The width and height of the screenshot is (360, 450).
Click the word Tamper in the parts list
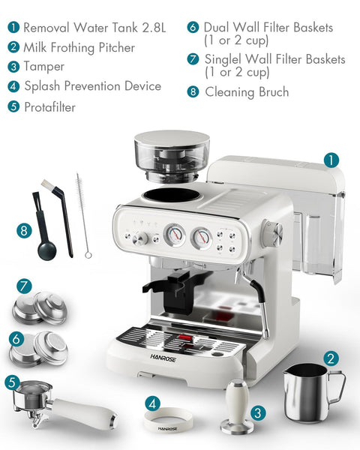pyautogui.click(x=44, y=67)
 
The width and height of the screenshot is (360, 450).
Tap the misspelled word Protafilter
pyautogui.click(x=50, y=107)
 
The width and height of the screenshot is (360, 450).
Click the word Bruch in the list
pyautogui.click(x=274, y=91)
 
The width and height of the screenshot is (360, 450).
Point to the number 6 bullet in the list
pyautogui.click(x=193, y=27)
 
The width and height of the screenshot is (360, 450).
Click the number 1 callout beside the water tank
pyautogui.click(x=331, y=160)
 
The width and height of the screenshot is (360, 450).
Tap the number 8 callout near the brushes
pyautogui.click(x=24, y=230)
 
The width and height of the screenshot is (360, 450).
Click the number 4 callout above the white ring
pyautogui.click(x=152, y=403)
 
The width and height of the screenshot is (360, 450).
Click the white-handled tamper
pyautogui.click(x=238, y=405)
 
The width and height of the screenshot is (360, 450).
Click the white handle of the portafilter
pyautogui.click(x=85, y=414)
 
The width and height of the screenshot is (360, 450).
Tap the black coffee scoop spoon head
pyautogui.click(x=46, y=250)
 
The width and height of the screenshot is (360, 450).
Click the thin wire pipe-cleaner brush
pyautogui.click(x=82, y=215)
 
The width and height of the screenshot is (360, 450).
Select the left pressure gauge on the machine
pyautogui.click(x=175, y=235)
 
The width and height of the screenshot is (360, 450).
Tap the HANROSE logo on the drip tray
pyautogui.click(x=163, y=358)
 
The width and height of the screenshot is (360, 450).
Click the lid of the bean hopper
pyautogui.click(x=172, y=138)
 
